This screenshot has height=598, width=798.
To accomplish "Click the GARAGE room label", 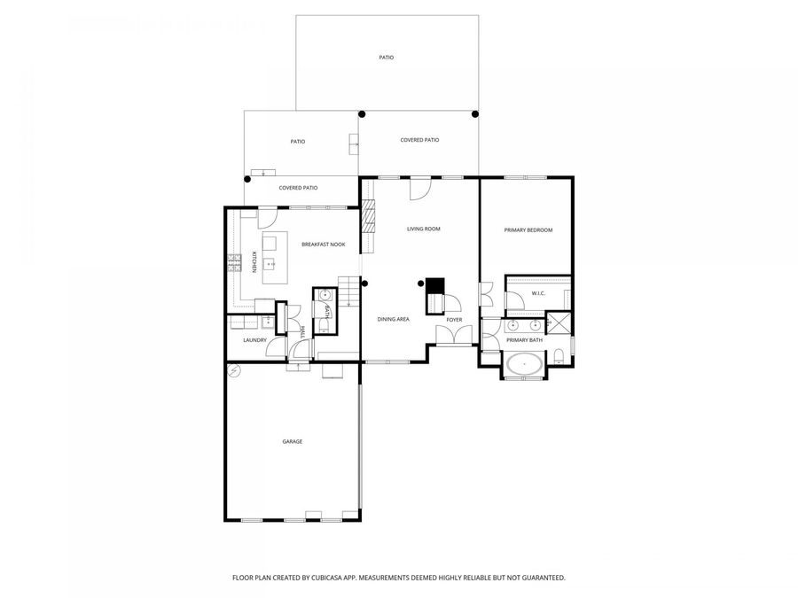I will click(x=293, y=441).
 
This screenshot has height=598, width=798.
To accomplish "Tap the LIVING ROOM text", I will click(x=423, y=229).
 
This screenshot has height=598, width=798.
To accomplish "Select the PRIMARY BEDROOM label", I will click(x=528, y=230).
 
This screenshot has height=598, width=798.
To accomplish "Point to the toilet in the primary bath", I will click(x=559, y=356).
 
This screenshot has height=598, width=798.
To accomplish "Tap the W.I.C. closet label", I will click(x=537, y=293).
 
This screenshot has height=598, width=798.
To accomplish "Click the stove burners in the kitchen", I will click(x=235, y=262).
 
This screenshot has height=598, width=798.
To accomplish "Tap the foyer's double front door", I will click(x=454, y=336).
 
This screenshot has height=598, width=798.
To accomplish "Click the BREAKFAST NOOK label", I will click(x=323, y=245).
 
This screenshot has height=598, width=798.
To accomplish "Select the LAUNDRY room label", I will click(x=255, y=340).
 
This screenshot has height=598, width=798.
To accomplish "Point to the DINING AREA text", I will click(x=393, y=319).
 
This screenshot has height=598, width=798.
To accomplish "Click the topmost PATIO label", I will click(x=386, y=58).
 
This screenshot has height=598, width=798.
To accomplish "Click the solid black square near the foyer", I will click(x=434, y=286).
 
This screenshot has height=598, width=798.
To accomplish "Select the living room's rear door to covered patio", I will click(x=419, y=187).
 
